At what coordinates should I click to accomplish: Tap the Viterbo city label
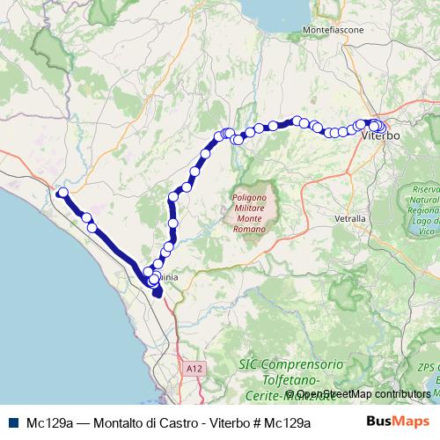click(381, 136)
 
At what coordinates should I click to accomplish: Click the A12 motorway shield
click(194, 363)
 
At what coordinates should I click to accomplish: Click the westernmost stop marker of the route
click(62, 193)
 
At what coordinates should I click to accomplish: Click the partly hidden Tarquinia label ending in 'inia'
click(168, 276)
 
